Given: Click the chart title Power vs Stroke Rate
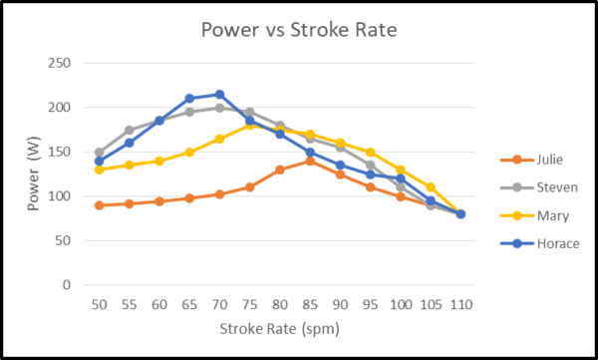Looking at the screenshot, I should tap(299, 30).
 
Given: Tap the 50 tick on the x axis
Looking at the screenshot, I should tap(99, 303).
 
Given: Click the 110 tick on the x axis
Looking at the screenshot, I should tap(460, 303).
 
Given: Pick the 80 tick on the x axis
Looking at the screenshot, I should tap(280, 303).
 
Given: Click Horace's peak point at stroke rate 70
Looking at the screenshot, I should tap(219, 95).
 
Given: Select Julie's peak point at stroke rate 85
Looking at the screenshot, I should tap(310, 161).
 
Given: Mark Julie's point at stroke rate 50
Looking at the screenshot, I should tap(99, 205).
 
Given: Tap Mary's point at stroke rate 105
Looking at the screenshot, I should tap(431, 187).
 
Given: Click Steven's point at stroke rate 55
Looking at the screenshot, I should tap(129, 131).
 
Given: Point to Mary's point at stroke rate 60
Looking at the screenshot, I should tap(158, 161).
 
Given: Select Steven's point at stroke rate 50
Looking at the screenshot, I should tap(99, 153).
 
